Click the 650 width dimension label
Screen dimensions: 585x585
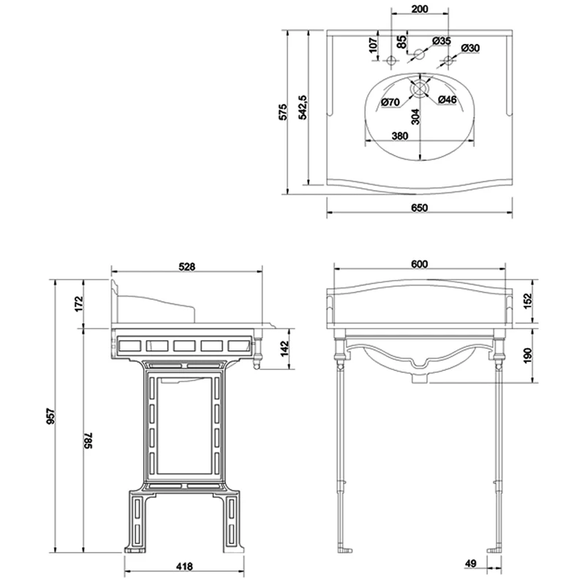coord(420,208)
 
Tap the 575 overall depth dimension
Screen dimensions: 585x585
coord(283,112)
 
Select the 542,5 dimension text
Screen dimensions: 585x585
coord(303,107)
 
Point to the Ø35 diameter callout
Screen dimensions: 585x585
coord(442,41)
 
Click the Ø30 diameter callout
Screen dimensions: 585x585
coord(470,48)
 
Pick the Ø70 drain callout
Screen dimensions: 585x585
coord(390,102)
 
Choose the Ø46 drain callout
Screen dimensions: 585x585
coord(448,99)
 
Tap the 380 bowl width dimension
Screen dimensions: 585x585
coord(399,136)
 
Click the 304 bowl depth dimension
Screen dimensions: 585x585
coord(415,116)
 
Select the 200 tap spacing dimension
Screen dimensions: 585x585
coord(420,9)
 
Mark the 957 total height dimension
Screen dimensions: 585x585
coord(50,415)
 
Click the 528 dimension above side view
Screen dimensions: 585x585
coord(187,266)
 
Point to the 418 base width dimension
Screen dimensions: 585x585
coord(184,566)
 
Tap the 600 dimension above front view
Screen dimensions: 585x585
coord(419,264)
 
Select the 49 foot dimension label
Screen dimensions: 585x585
coord(471,563)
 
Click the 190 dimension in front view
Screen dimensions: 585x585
coord(526,356)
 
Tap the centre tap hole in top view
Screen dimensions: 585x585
coord(420,54)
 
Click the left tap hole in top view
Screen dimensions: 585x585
coord(391,61)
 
